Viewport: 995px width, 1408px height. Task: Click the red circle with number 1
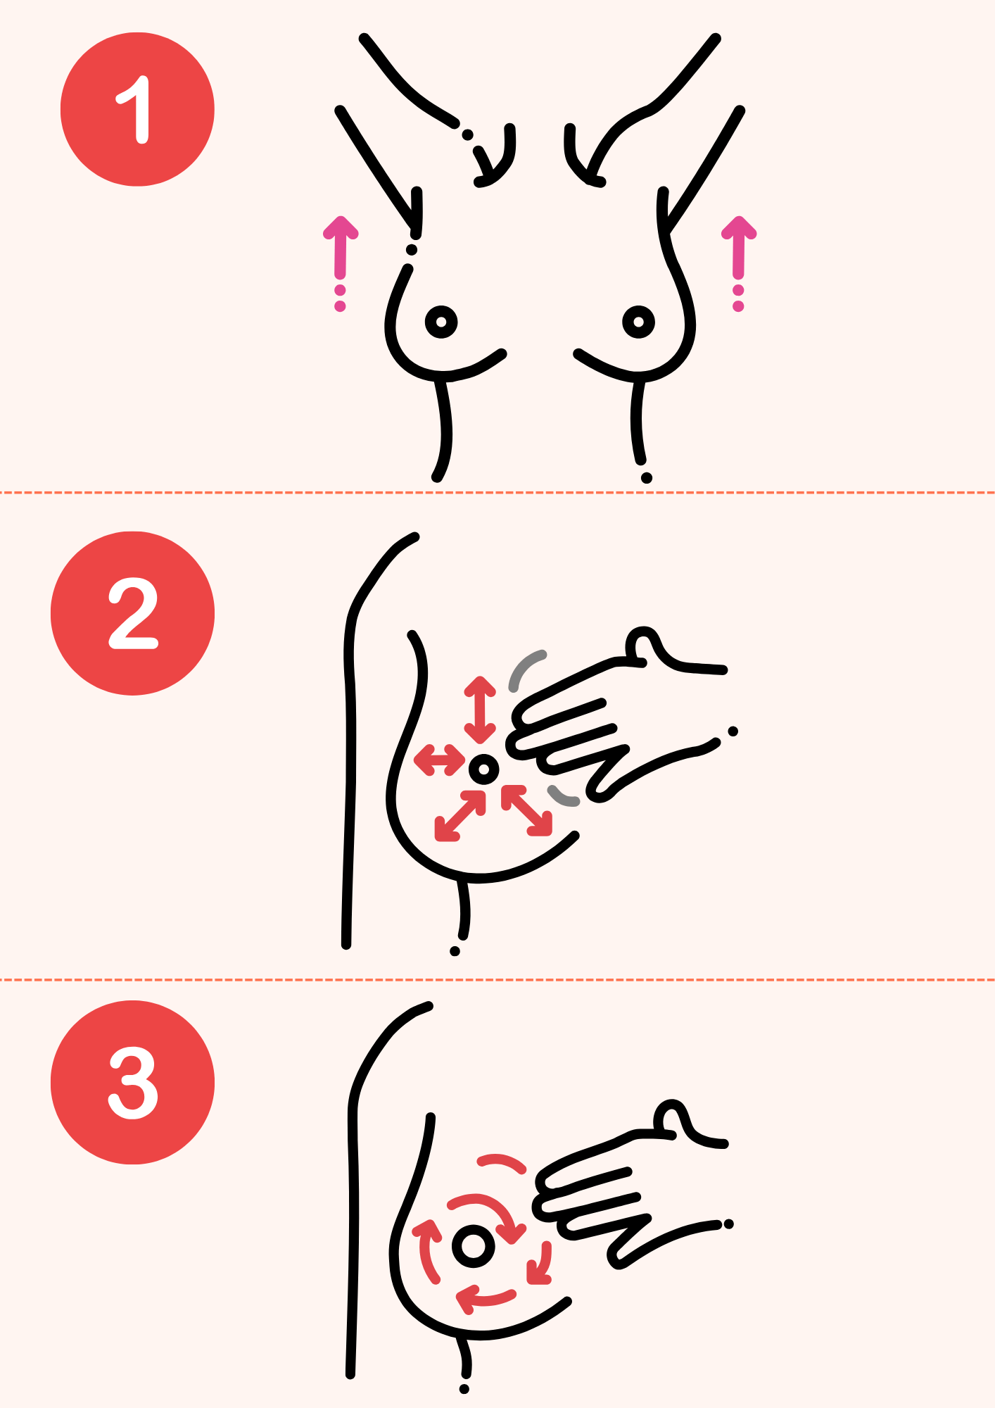click(x=137, y=109)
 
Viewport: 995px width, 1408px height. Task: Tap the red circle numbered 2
click(x=132, y=613)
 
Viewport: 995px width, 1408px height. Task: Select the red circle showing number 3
click(x=132, y=1082)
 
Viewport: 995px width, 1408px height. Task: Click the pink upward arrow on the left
click(x=341, y=262)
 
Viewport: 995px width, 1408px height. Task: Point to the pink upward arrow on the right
click(x=738, y=262)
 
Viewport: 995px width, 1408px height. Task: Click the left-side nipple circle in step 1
click(x=441, y=322)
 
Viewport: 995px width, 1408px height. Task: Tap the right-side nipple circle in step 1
click(x=638, y=322)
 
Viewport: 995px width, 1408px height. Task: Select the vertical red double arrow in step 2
click(x=480, y=710)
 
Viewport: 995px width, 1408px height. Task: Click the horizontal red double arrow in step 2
click(x=440, y=760)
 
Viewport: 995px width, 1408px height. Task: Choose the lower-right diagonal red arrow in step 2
click(x=526, y=810)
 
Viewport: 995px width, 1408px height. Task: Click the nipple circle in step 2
click(x=483, y=769)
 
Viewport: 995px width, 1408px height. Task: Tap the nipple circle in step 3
click(x=474, y=1245)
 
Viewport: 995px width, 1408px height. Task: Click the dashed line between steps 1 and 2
click(x=497, y=492)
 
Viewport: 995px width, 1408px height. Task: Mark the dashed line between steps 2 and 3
click(x=497, y=979)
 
